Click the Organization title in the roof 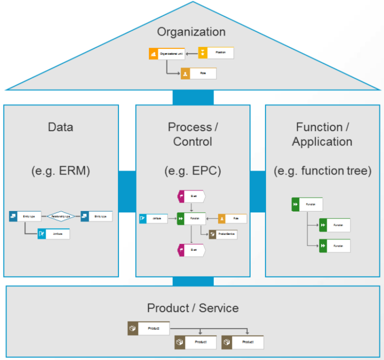pyautogui.click(x=191, y=32)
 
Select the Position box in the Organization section pyautogui.click(x=216, y=52)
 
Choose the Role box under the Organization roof pyautogui.click(x=199, y=73)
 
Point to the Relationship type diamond pyautogui.click(x=61, y=216)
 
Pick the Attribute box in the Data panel pyautogui.click(x=53, y=233)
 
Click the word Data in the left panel pyautogui.click(x=61, y=127)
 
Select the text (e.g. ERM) pyautogui.click(x=61, y=171)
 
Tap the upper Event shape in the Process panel pyautogui.click(x=191, y=196)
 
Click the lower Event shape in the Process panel pyautogui.click(x=191, y=249)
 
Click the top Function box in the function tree pyautogui.click(x=307, y=204)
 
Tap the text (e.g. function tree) pyautogui.click(x=322, y=171)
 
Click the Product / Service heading pyautogui.click(x=192, y=308)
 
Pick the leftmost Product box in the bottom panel pyautogui.click(x=148, y=328)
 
